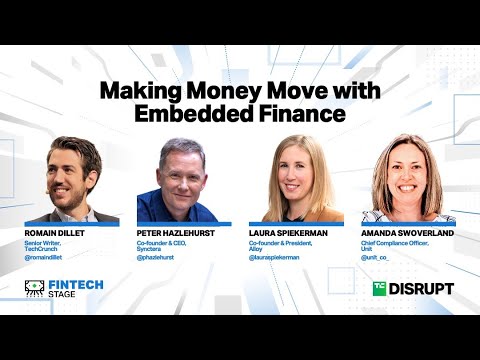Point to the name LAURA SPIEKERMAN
tap(290, 231)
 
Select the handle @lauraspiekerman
tap(274, 256)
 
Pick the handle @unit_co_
tap(378, 257)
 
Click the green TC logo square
tap(379, 289)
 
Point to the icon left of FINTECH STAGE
tap(35, 288)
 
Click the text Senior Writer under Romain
tap(46, 241)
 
